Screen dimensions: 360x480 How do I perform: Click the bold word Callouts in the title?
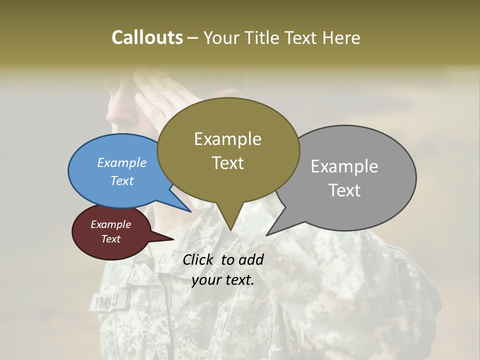(147, 37)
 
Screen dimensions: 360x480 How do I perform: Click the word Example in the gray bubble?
(344, 166)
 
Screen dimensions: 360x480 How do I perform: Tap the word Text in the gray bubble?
(344, 190)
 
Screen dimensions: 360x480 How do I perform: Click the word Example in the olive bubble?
(227, 139)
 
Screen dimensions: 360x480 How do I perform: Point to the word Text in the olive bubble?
(227, 163)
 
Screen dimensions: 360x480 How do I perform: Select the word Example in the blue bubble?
(122, 162)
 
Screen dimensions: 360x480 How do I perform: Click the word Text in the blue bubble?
(122, 180)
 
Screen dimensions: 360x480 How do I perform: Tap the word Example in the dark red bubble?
(110, 224)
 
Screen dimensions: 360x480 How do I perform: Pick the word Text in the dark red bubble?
(110, 239)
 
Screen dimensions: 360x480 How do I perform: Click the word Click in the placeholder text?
(198, 259)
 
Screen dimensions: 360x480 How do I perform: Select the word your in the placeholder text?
(205, 280)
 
